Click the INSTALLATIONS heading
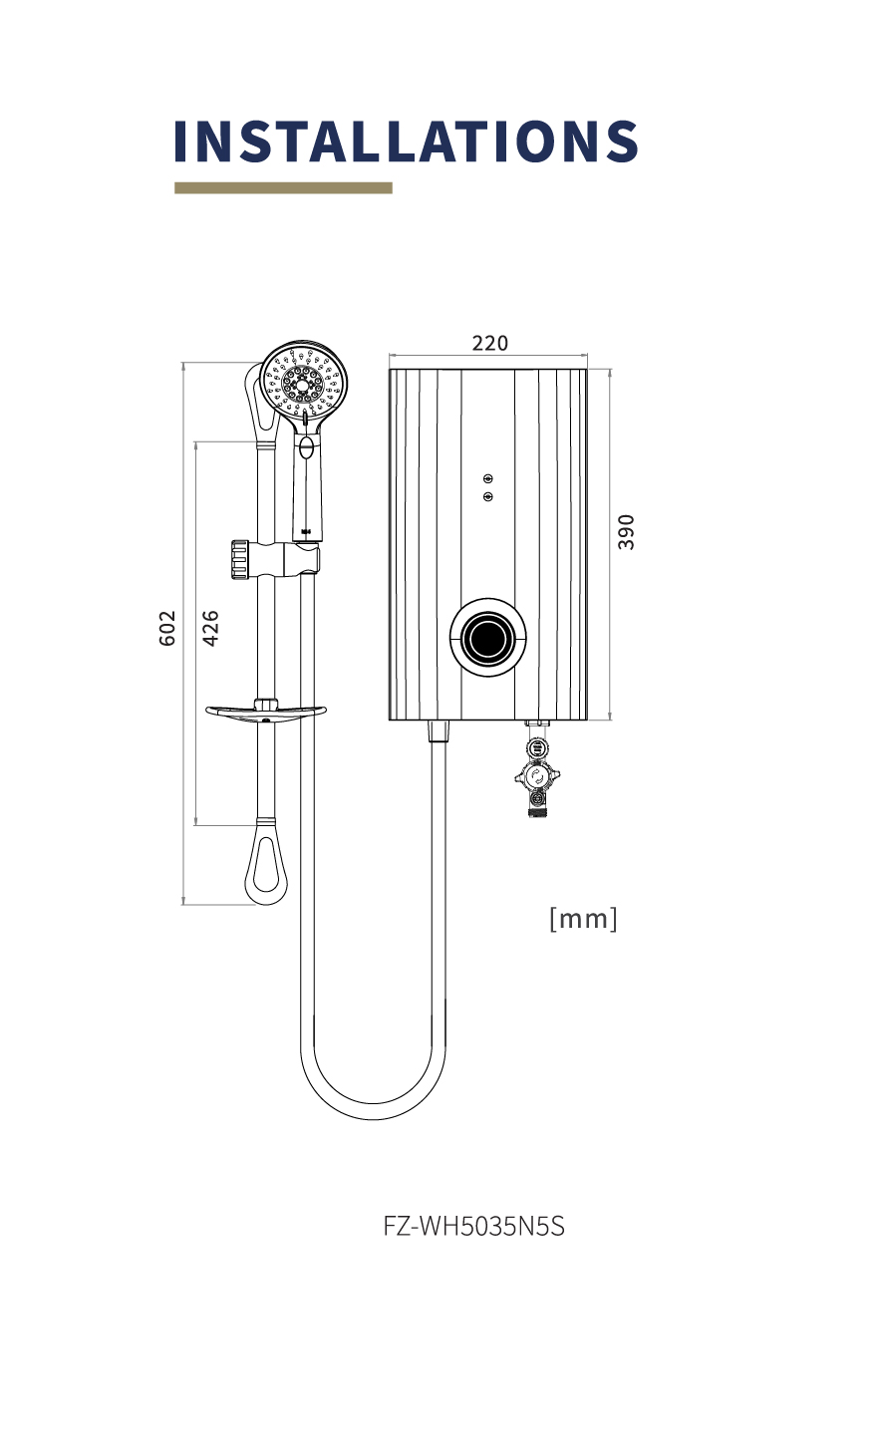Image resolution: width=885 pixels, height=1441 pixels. click(x=406, y=141)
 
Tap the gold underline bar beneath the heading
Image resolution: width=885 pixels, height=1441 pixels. click(x=284, y=187)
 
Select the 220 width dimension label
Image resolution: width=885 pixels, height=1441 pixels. click(x=489, y=343)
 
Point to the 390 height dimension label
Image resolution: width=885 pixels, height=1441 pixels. click(x=626, y=532)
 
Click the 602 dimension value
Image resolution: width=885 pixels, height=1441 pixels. click(x=167, y=628)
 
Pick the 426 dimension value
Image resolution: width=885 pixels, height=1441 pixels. click(x=211, y=628)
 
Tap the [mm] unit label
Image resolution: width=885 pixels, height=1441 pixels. click(x=583, y=918)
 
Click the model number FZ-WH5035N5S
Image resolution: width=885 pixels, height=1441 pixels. click(x=474, y=1226)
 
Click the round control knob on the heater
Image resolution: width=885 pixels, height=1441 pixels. click(x=488, y=638)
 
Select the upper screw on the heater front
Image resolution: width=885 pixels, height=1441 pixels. click(x=488, y=478)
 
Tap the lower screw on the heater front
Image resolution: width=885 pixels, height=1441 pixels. click(x=488, y=496)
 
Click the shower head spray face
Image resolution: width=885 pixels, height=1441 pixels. click(x=303, y=382)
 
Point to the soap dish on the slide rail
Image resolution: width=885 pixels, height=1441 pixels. click(x=266, y=712)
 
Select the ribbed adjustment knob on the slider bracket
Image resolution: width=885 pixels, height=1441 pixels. click(x=240, y=560)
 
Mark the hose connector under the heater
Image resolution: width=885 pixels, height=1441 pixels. click(x=438, y=731)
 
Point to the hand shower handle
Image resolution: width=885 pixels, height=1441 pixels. click(x=307, y=482)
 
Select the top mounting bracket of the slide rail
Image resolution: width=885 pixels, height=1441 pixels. click(x=261, y=402)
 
